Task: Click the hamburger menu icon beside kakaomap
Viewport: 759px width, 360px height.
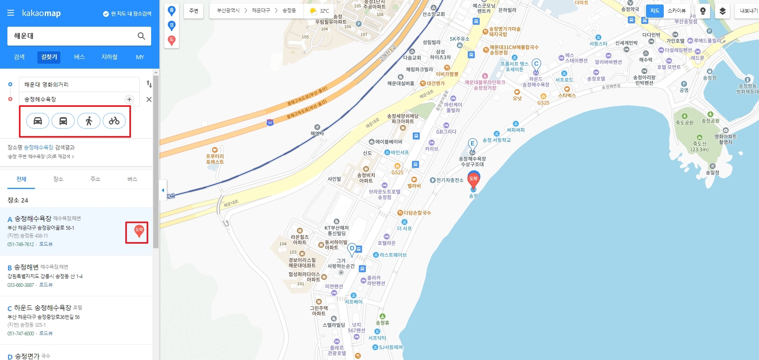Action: (x=11, y=13)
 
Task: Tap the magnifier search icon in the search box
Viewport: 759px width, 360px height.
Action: (x=141, y=36)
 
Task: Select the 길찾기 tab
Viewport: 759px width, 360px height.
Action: (x=49, y=57)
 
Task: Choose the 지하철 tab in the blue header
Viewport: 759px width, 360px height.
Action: (x=109, y=57)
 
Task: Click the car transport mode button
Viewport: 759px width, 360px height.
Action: (x=38, y=121)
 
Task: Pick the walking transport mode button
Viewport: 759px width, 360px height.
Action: (x=89, y=121)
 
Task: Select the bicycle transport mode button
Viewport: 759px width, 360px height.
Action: (x=114, y=121)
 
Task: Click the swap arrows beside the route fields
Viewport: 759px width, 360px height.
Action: (x=149, y=84)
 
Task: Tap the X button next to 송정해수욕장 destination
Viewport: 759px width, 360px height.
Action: (x=149, y=99)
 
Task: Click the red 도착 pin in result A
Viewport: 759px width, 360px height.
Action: (x=139, y=231)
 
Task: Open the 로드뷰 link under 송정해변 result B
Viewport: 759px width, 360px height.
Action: (x=46, y=285)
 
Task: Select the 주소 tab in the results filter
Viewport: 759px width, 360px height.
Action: (x=95, y=179)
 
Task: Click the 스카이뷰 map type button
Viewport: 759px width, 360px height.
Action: (x=676, y=11)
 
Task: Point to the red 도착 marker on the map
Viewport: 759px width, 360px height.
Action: (x=474, y=179)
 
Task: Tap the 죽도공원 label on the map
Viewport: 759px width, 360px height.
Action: (x=684, y=122)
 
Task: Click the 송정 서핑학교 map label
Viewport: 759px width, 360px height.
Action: (x=497, y=140)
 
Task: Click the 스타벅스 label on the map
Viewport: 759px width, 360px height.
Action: (x=567, y=95)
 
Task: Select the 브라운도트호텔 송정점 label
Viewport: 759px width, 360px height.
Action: (x=384, y=194)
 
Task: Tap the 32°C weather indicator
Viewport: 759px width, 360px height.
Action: (x=320, y=11)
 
